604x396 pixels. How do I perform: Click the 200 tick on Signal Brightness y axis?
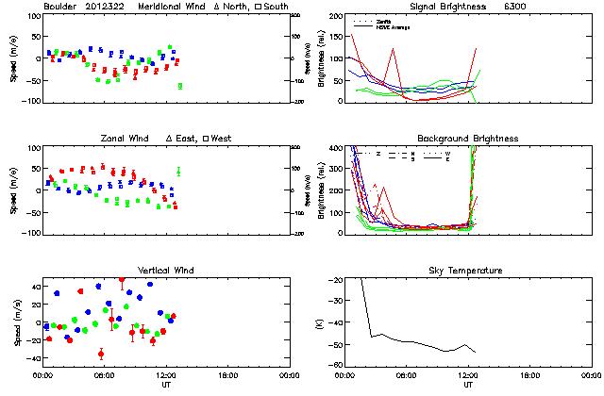pos(338,17)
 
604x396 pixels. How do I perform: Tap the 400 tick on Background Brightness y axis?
pos(338,149)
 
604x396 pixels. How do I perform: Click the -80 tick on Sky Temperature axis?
pos(337,364)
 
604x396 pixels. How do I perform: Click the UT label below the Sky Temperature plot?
pos(468,385)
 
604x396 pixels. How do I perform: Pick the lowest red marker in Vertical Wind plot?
pos(101,355)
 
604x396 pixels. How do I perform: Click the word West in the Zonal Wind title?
pos(222,139)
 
